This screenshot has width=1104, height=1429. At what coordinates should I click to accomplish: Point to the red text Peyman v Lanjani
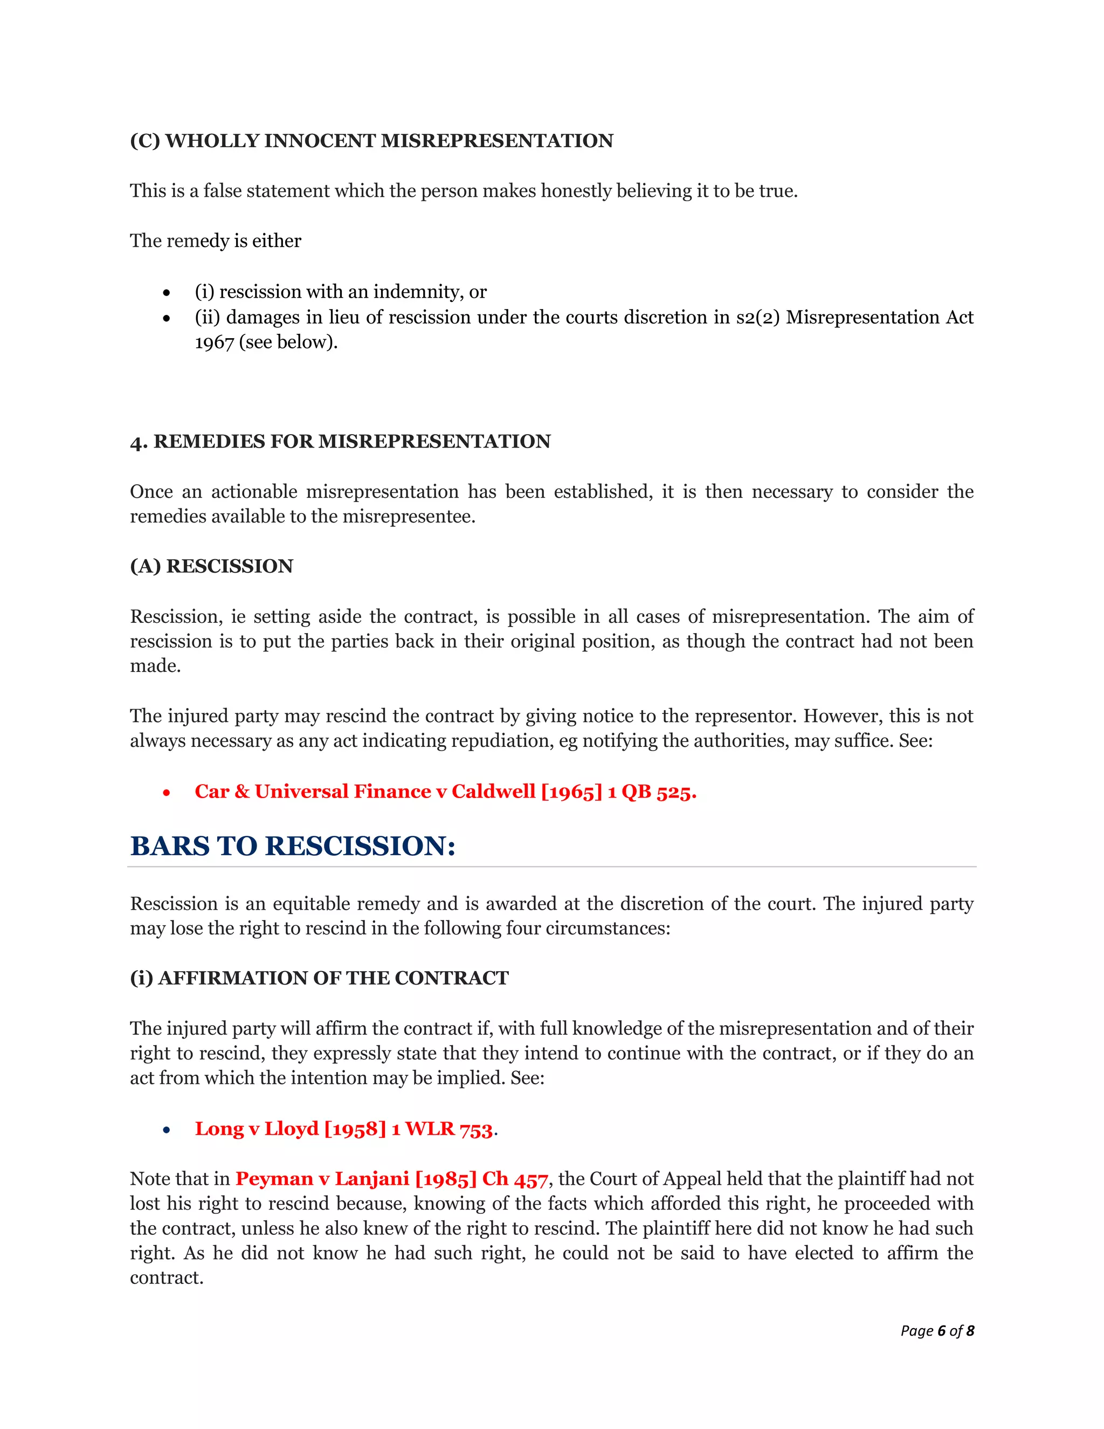click(x=322, y=1179)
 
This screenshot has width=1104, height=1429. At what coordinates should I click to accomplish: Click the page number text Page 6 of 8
click(x=936, y=1330)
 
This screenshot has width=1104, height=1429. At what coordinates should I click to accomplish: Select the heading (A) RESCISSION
click(x=211, y=566)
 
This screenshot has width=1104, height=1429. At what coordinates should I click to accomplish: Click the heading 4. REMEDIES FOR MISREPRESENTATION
click(x=340, y=442)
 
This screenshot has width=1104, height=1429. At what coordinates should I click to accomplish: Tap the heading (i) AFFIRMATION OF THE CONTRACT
click(x=319, y=978)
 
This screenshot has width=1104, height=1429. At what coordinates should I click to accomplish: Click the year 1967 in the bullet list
click(x=214, y=342)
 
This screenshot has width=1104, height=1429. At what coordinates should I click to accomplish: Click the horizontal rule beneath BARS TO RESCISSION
click(x=551, y=867)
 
